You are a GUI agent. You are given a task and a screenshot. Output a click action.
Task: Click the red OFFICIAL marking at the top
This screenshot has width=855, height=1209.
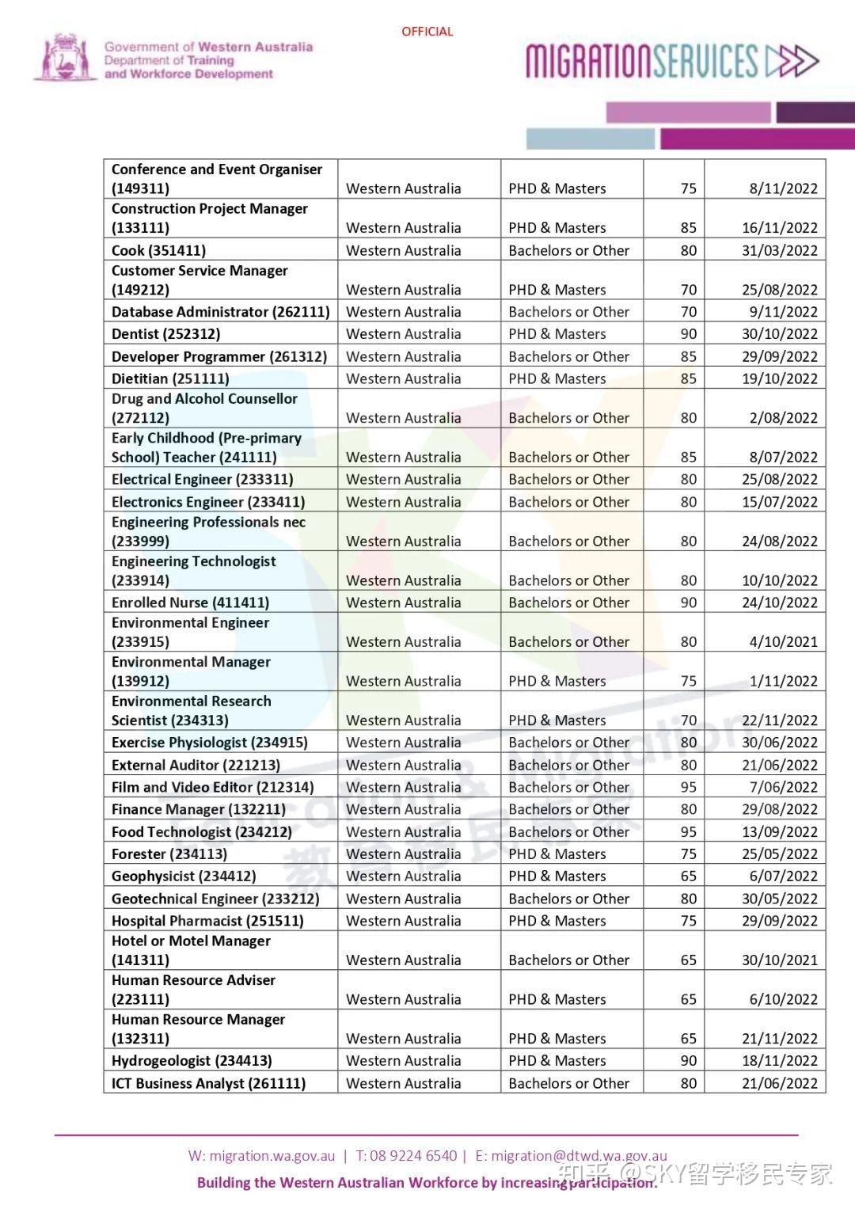[x=427, y=32]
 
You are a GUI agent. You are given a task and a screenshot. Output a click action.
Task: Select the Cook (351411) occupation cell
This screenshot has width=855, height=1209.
[x=159, y=251]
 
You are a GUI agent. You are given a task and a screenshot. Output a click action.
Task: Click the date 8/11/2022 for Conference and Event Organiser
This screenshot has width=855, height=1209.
[x=783, y=188]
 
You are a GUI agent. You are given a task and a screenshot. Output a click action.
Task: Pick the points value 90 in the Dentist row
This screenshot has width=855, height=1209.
[x=689, y=334]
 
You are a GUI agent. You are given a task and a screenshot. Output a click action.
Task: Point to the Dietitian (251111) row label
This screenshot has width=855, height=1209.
[x=170, y=379]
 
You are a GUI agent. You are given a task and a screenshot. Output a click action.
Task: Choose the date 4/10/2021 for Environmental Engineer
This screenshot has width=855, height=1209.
[x=783, y=642]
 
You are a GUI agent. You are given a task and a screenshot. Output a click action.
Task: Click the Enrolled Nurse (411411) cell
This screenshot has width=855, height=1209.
[x=190, y=603]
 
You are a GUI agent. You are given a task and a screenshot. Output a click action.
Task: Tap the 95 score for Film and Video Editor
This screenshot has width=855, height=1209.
[x=689, y=788]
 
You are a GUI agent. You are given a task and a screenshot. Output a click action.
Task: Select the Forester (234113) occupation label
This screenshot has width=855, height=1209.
[x=169, y=854]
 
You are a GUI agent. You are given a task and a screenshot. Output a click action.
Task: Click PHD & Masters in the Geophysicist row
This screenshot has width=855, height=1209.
[x=557, y=876]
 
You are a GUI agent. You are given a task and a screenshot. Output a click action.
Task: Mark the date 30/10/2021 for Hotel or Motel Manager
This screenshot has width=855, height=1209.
[x=779, y=960]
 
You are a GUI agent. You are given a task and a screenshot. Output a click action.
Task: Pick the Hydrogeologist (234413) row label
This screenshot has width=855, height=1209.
[x=192, y=1061]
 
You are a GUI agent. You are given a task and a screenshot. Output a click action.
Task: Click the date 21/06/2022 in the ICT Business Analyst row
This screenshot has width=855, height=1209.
[x=779, y=1084]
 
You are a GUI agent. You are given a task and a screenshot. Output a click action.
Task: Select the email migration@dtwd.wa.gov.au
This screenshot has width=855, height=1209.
[x=579, y=1156]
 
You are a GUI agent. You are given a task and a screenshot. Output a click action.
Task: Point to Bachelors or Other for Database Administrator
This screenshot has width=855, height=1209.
[x=569, y=312]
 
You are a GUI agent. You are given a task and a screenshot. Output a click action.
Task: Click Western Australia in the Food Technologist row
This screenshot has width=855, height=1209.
[x=403, y=832]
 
